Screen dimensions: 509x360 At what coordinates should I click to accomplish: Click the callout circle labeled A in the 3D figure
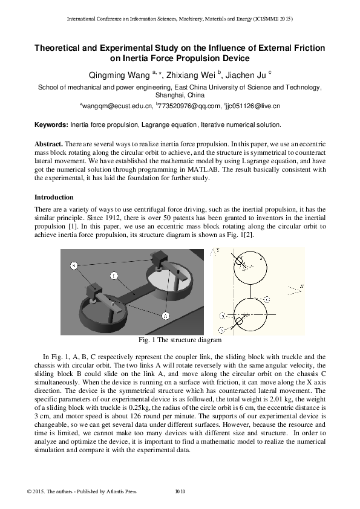(x=165, y=316)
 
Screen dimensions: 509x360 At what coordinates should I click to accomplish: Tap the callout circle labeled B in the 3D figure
(x=73, y=265)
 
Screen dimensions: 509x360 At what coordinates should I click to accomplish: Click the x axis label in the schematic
(x=301, y=285)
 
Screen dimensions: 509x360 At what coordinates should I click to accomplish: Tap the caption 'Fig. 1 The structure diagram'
(x=180, y=340)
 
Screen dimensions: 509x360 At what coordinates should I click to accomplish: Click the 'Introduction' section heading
(x=54, y=197)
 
